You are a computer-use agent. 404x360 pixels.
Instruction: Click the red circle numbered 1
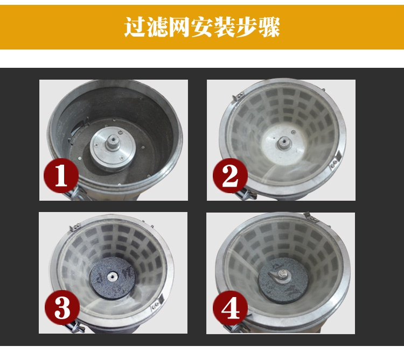(61, 175)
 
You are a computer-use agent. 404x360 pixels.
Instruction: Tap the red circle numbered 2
(230, 176)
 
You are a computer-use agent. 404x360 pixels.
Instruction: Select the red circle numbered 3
(62, 308)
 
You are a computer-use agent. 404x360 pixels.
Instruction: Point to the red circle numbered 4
(230, 308)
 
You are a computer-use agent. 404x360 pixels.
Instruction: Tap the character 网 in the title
(179, 27)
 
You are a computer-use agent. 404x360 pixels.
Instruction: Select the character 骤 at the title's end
(269, 27)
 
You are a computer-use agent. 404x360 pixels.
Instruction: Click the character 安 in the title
(202, 27)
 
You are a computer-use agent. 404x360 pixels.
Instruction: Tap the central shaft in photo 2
(282, 143)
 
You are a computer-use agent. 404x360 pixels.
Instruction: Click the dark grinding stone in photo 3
(112, 278)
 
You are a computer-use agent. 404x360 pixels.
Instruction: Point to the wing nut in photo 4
(279, 274)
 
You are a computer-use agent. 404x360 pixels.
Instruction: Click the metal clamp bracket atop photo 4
(310, 217)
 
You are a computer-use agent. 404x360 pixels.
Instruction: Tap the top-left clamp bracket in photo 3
(75, 227)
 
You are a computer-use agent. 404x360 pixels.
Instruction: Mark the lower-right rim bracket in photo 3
(158, 302)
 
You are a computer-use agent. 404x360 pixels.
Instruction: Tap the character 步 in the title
(247, 27)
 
